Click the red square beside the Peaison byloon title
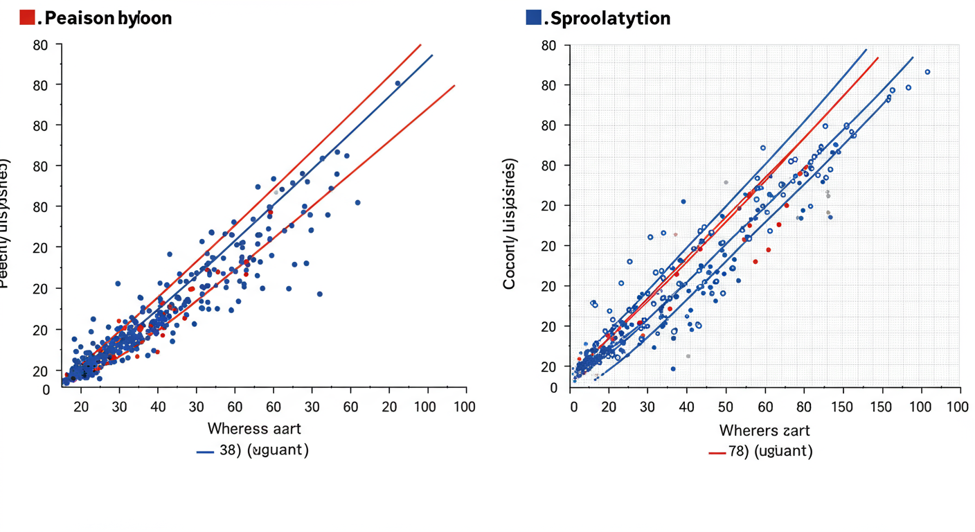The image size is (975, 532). tap(27, 18)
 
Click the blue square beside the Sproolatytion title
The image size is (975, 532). tap(533, 18)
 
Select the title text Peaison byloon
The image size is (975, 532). tap(105, 18)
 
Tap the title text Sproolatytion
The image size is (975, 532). tap(610, 18)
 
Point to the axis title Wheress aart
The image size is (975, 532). tap(254, 429)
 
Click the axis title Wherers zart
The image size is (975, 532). tap(764, 431)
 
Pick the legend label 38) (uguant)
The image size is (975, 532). tap(264, 450)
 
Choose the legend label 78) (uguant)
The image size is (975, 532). tap(770, 452)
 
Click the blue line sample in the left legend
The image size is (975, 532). tap(205, 452)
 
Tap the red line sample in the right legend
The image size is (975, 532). tap(717, 453)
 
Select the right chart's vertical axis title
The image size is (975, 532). tap(510, 223)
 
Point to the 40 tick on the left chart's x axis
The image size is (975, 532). tap(158, 407)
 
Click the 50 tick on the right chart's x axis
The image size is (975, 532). tap(726, 407)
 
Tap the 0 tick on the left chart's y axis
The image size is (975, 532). tap(46, 390)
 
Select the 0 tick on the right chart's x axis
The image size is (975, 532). tap(573, 407)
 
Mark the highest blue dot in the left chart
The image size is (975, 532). tap(397, 83)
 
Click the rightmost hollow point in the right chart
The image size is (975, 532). tap(927, 72)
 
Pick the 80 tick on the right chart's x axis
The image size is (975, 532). tap(804, 407)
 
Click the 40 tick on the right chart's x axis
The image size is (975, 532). tap(686, 407)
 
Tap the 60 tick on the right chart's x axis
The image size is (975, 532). tap(765, 407)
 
